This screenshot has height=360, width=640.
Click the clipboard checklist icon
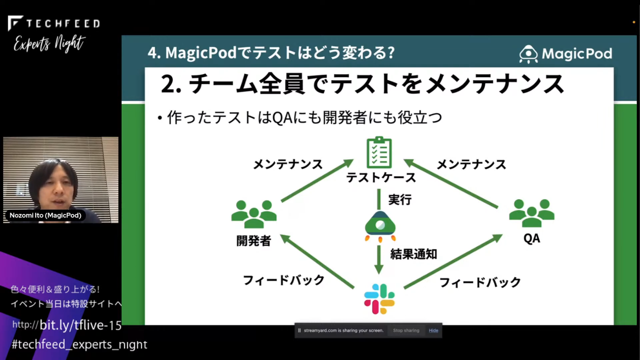(379, 152)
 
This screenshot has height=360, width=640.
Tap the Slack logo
(379, 299)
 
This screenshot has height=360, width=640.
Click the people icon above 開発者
(254, 214)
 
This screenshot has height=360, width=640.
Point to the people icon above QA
(532, 213)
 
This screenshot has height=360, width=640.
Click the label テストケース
(381, 178)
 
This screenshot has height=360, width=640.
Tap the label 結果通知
(414, 254)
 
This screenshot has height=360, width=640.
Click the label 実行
(400, 200)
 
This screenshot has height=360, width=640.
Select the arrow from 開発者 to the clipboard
(318, 181)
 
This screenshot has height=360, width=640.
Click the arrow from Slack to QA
(453, 261)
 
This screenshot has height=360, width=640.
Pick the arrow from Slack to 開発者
(317, 261)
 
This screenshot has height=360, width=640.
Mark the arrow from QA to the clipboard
(451, 184)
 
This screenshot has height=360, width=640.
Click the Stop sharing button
(406, 331)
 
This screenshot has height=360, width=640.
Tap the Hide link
(434, 331)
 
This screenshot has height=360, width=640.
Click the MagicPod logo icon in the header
(528, 54)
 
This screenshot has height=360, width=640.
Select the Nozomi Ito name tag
(45, 215)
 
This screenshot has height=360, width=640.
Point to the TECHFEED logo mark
(15, 23)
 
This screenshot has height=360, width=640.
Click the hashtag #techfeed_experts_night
(80, 344)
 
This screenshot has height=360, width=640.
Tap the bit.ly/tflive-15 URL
(81, 325)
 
